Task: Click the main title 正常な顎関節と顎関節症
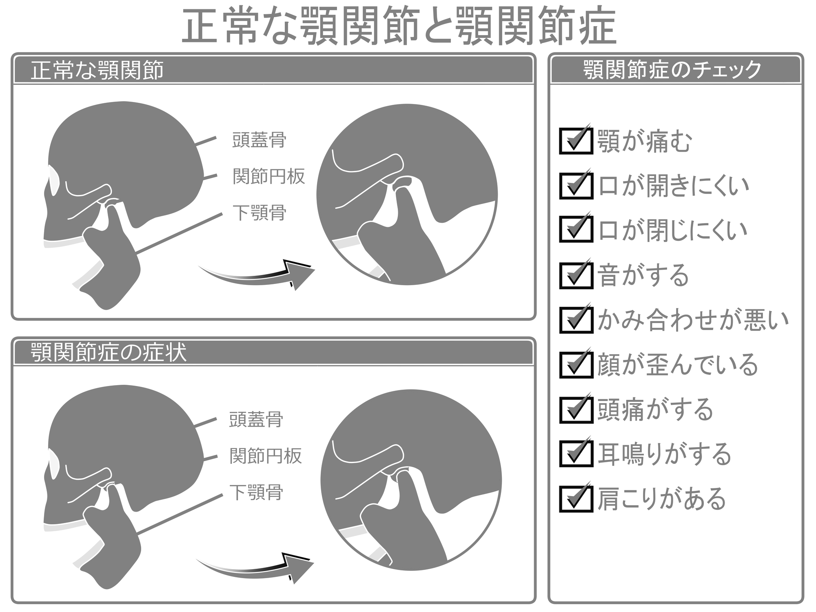coord(399,27)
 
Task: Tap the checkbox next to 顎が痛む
coord(576,141)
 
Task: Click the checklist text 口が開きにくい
coord(674,186)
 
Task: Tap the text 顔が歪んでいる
coord(678,365)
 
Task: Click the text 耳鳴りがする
coord(665,454)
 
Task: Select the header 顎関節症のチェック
coord(673,70)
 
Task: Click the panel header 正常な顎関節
coord(97,70)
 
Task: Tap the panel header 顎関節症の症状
coord(109,352)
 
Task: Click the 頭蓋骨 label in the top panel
coord(259,140)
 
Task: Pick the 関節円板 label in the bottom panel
coord(266,456)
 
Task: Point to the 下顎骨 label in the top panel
coord(259,213)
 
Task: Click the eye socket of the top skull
coord(53,180)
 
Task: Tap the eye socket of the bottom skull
coord(53,463)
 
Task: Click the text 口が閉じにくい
coord(673,231)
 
